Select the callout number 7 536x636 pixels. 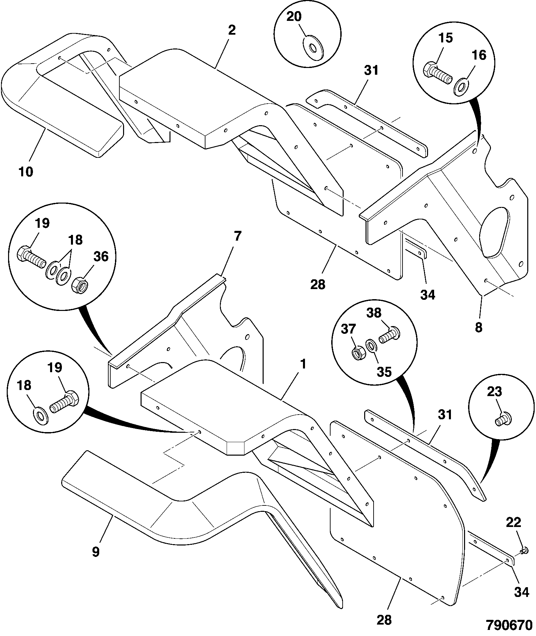(x=237, y=236)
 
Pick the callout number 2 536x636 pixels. (x=232, y=30)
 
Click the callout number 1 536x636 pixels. (x=303, y=364)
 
